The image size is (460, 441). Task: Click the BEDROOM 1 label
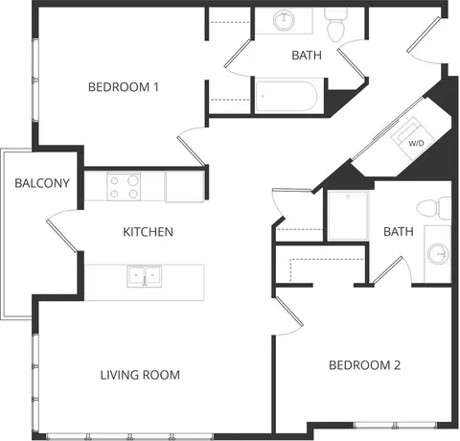124,87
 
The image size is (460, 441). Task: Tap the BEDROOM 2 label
364,365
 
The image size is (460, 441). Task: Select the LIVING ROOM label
140,375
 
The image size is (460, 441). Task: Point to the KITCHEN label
148,232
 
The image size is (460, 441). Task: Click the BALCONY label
42,183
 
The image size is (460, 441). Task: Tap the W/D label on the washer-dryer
416,143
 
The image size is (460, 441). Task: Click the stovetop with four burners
124,187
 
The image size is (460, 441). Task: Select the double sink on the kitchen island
144,276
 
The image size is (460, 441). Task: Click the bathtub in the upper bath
287,97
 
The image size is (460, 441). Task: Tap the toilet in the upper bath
336,25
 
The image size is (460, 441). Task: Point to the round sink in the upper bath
284,20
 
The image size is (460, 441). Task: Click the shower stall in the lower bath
348,215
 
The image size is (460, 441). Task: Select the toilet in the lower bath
434,208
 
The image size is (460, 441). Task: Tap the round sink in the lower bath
437,254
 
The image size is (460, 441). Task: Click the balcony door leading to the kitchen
62,231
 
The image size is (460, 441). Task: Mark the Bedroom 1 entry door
192,147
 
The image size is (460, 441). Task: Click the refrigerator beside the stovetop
185,187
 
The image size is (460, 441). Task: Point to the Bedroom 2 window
395,426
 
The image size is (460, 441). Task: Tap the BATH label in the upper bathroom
307,56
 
